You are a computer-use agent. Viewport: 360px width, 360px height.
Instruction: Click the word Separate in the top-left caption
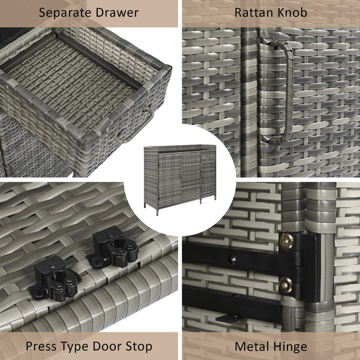tap(65, 13)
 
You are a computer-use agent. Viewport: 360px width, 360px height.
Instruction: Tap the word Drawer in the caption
tap(118, 13)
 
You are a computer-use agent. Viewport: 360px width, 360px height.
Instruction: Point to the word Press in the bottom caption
tap(41, 346)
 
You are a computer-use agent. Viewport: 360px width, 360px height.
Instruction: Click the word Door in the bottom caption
tap(107, 346)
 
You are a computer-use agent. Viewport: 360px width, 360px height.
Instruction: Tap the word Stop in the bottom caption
tap(139, 347)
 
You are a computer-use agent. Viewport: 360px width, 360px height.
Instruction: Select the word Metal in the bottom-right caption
tap(253, 346)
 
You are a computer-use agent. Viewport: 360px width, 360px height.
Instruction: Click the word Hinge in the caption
tap(290, 347)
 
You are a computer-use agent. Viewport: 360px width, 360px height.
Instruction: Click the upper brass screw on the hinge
tap(286, 241)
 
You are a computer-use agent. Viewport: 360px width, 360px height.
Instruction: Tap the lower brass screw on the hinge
tap(286, 285)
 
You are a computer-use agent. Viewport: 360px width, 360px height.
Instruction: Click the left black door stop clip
tap(55, 278)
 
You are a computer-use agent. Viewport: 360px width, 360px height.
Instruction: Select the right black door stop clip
tap(113, 248)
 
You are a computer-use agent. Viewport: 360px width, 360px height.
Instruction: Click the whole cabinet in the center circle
tap(180, 179)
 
